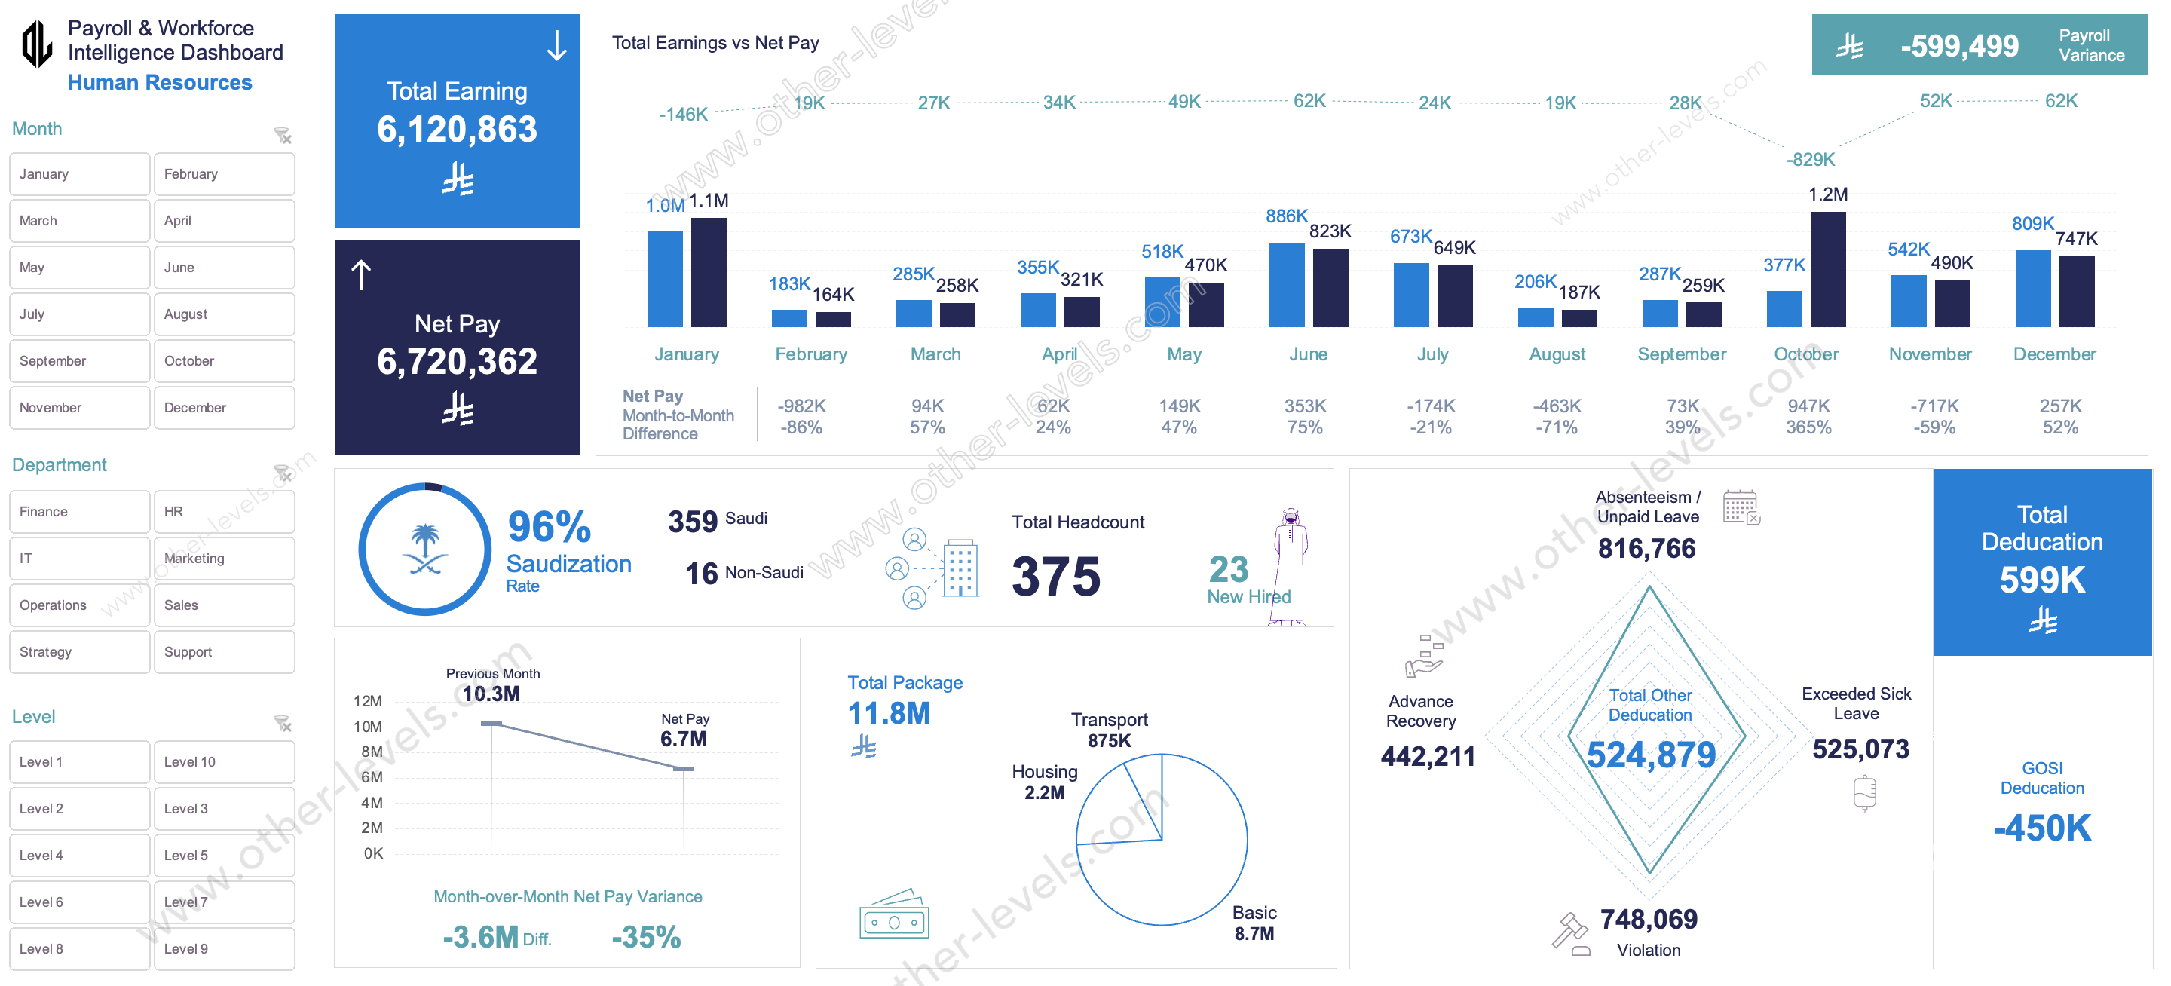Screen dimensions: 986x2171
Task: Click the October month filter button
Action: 223,360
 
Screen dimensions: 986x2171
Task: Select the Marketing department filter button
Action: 223,558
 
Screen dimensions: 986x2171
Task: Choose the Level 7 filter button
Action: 223,902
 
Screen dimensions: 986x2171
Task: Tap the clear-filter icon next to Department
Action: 283,473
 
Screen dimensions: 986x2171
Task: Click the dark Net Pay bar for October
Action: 1827,270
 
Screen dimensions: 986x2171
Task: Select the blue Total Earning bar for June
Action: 1286,285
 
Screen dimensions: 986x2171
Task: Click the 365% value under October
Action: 1808,427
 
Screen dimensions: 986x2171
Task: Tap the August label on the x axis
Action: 1557,354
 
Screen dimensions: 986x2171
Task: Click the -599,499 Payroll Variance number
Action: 1958,45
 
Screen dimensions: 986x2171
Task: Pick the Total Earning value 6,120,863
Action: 457,130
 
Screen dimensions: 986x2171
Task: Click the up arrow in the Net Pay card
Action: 361,274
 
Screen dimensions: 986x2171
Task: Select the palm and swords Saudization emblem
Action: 424,549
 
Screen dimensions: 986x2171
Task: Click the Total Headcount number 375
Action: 1055,577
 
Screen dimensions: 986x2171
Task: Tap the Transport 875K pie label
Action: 1108,730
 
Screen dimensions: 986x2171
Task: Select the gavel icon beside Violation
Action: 1570,934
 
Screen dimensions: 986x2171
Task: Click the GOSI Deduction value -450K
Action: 2041,828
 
